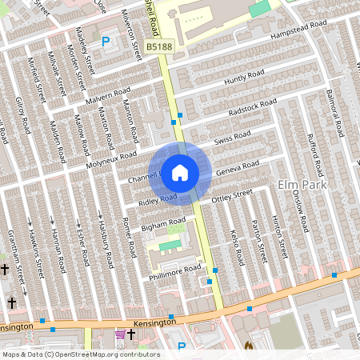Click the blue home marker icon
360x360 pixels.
(x=180, y=172)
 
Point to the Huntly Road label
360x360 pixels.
(x=244, y=78)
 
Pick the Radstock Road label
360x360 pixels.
(x=251, y=107)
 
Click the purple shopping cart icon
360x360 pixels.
(x=120, y=334)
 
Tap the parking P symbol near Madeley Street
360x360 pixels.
(x=106, y=40)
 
